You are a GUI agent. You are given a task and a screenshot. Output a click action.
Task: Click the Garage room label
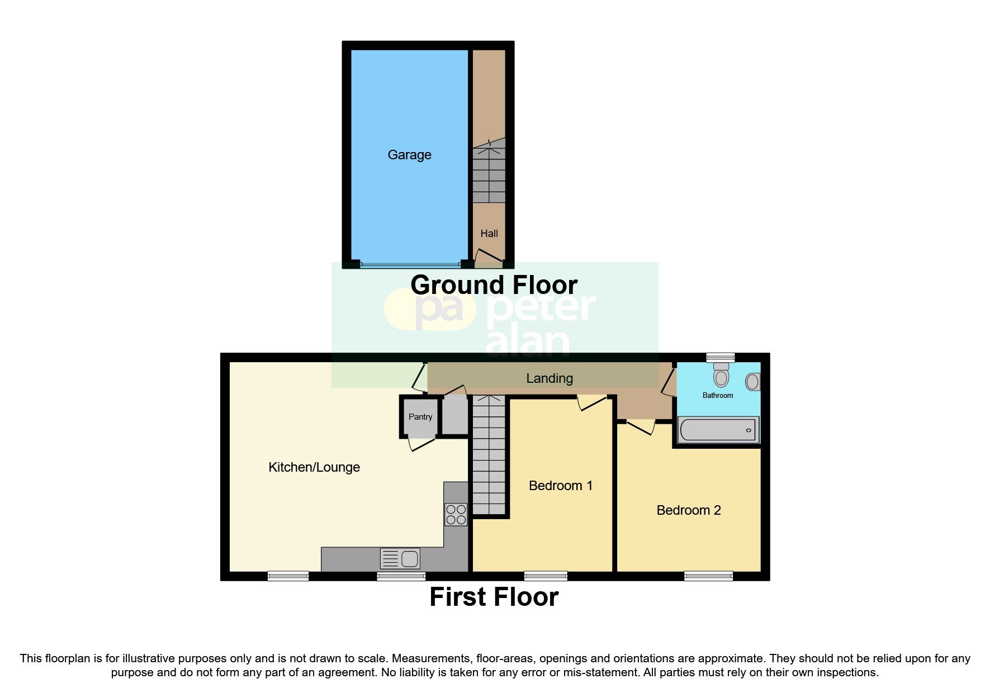click(409, 155)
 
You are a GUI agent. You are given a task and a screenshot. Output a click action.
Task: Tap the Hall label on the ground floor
click(489, 234)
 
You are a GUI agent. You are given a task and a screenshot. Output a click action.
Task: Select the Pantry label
click(420, 417)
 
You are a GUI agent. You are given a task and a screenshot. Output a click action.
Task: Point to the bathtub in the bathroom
click(718, 430)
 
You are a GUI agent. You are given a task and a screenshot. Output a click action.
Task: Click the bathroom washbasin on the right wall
click(753, 382)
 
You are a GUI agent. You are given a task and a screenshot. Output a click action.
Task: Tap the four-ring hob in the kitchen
click(456, 515)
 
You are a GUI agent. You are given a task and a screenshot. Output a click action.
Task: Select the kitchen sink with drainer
click(400, 558)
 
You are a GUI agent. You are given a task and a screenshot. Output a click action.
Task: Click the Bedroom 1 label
click(560, 486)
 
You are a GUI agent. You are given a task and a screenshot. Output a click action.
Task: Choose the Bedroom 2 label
click(688, 510)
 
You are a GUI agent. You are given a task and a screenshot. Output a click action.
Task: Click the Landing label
click(549, 378)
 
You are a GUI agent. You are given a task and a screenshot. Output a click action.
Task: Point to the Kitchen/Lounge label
click(314, 467)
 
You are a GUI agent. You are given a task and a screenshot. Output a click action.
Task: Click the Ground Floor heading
click(494, 285)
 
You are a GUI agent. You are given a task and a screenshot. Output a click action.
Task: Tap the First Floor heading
click(494, 597)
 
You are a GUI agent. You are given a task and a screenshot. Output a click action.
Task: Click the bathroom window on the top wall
click(720, 357)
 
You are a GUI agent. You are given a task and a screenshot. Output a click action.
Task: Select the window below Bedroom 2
click(708, 576)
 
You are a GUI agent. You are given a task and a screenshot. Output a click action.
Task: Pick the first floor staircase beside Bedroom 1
click(489, 455)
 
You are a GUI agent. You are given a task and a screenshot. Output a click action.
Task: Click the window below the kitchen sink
click(401, 576)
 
